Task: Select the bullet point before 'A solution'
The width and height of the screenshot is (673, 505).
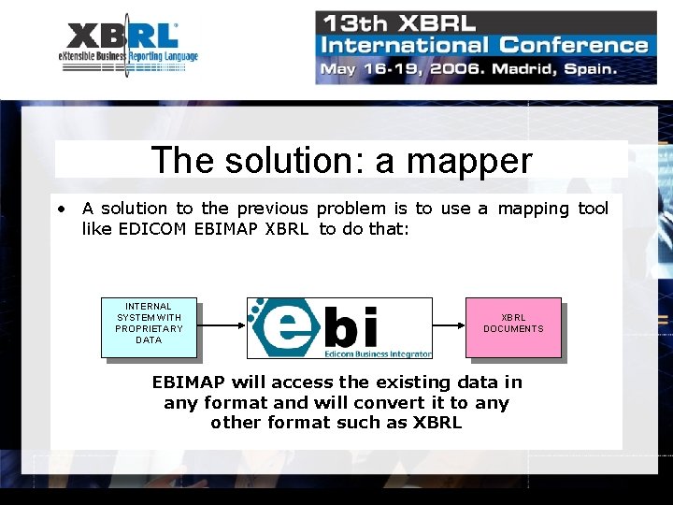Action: (x=59, y=208)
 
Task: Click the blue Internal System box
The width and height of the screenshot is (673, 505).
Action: (x=149, y=327)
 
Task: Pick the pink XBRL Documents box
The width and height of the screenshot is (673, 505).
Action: (x=512, y=327)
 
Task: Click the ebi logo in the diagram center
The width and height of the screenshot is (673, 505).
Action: (x=339, y=327)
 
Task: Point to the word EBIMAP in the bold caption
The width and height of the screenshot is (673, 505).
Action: (x=190, y=382)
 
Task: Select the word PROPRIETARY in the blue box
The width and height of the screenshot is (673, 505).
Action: (x=149, y=328)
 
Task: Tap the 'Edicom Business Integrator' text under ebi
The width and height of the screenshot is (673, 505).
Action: (x=378, y=353)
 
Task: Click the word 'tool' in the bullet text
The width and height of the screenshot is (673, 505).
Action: (x=593, y=208)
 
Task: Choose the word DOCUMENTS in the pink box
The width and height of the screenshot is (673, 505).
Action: (x=513, y=329)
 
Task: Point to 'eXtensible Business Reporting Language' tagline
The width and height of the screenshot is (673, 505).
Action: (x=128, y=57)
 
